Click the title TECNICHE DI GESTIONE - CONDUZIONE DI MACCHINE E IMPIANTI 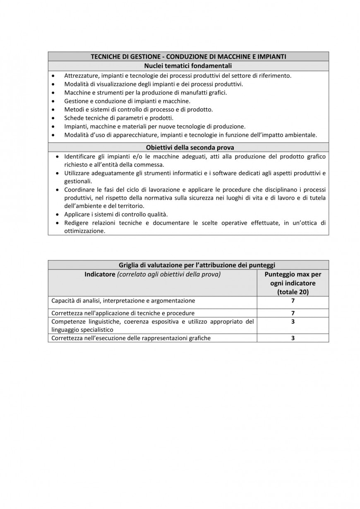188,57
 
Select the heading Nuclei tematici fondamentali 188,66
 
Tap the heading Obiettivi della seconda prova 188,147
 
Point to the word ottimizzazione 84,231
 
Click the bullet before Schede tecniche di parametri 53,118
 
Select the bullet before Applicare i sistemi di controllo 57,214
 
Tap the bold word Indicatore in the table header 100,274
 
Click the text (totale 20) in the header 293,292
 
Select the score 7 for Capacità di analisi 293,301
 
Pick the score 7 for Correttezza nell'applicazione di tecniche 293,313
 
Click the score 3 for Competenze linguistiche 293,322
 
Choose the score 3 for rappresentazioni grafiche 293,338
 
